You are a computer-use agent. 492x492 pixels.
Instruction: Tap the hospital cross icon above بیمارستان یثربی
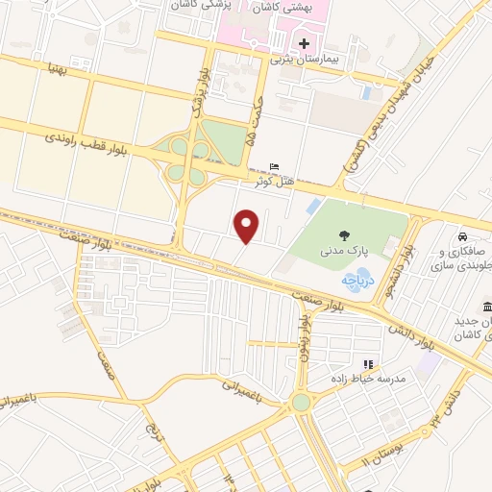[x=305, y=43]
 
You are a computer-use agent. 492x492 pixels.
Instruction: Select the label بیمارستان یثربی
[x=305, y=60]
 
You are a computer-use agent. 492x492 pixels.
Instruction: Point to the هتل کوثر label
[x=275, y=180]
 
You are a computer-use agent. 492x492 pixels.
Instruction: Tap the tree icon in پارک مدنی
[x=343, y=235]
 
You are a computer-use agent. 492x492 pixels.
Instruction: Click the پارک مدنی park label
[x=342, y=252]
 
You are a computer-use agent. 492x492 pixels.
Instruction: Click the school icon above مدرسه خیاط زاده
[x=367, y=363]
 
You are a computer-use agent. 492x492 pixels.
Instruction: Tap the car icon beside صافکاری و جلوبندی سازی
[x=462, y=237]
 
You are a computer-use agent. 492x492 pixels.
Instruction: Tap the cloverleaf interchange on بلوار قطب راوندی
[x=186, y=160]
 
